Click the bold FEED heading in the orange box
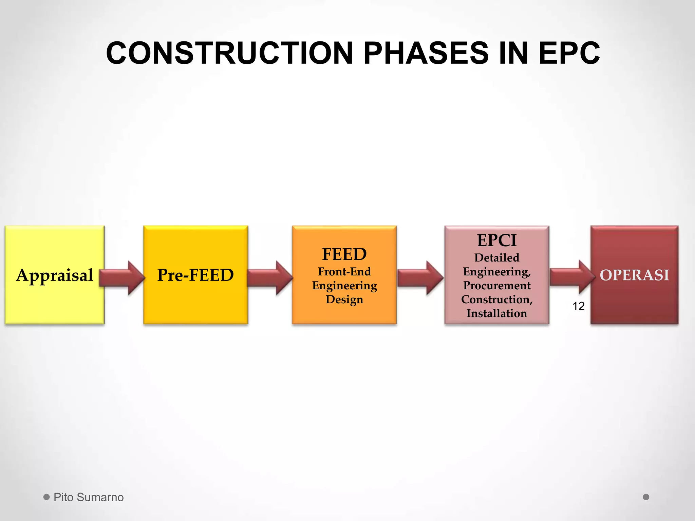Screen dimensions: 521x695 point(344,254)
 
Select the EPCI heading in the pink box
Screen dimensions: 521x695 point(496,240)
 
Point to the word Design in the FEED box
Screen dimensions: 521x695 point(344,300)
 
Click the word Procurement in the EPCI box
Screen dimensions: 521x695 point(496,286)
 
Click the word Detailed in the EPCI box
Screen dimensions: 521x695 point(496,258)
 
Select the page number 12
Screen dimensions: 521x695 point(578,306)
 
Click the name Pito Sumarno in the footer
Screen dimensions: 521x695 point(89,497)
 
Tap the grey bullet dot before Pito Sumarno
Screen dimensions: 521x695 point(46,497)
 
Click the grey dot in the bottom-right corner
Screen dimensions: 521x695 point(646,497)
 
